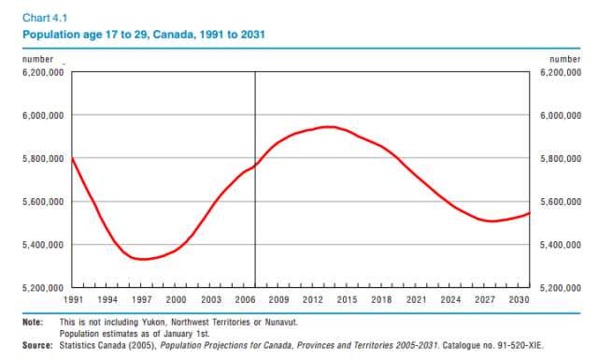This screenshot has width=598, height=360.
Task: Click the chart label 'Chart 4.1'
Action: tap(44, 16)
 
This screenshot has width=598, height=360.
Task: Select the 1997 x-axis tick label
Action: tap(141, 299)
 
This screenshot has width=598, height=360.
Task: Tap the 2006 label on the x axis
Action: tap(244, 299)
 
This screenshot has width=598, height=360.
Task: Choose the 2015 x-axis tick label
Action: tap(347, 299)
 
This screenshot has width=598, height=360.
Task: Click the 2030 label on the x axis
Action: tap(518, 299)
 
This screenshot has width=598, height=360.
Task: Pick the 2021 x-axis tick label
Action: tap(415, 299)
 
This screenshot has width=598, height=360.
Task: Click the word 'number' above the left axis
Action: tap(37, 59)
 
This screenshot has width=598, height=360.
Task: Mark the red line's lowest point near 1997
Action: tap(142, 259)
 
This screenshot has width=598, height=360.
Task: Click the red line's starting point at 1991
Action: tap(73, 159)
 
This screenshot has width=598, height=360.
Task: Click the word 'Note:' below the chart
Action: tap(34, 322)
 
